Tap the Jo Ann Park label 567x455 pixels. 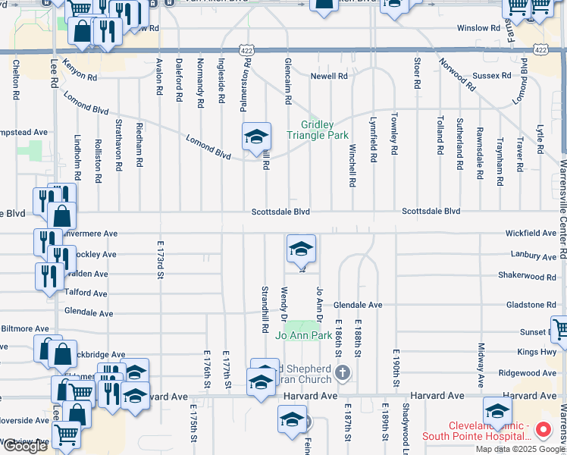tap(303, 334)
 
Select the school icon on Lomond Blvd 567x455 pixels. tap(256, 137)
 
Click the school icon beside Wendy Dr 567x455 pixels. tap(301, 249)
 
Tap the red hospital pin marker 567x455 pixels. tap(543, 430)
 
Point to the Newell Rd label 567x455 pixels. tap(328, 76)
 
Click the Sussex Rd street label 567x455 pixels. tap(491, 76)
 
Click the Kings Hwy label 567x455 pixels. tap(537, 352)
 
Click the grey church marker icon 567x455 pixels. tap(343, 372)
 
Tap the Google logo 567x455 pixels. tap(25, 447)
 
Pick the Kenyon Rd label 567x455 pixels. tap(80, 71)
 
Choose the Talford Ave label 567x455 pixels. tap(86, 293)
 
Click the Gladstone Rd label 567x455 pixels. tap(531, 305)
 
